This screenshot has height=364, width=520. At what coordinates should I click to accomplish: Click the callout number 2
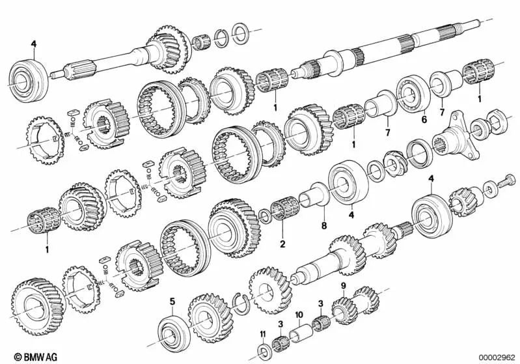pyautogui.click(x=282, y=245)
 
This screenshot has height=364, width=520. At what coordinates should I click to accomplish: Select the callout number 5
pyautogui.click(x=172, y=301)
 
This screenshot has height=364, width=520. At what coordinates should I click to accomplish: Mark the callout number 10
pyautogui.click(x=299, y=315)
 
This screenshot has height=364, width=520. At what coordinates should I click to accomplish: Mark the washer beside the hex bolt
pyautogui.click(x=487, y=190)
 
